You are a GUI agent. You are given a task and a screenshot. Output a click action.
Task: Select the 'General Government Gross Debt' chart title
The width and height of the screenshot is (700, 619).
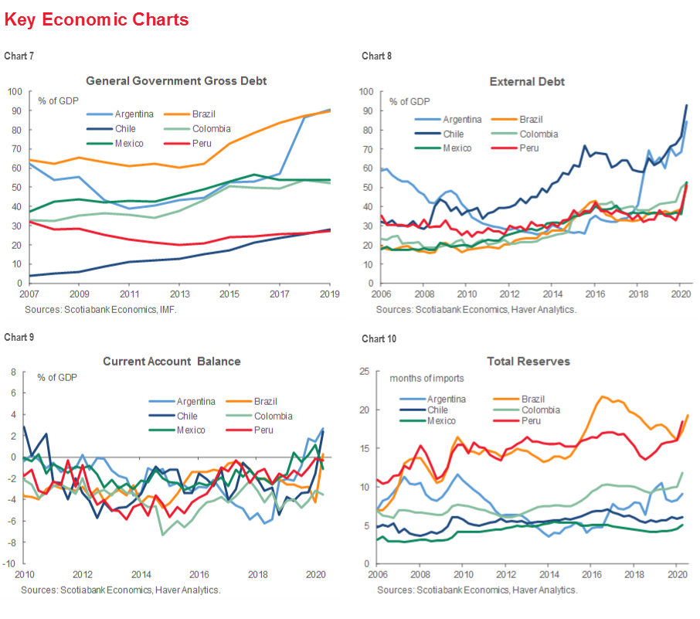(x=176, y=80)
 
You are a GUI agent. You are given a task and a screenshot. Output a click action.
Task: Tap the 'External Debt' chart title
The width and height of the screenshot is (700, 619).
(x=527, y=81)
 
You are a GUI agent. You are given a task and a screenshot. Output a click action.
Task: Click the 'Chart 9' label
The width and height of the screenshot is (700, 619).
(x=19, y=337)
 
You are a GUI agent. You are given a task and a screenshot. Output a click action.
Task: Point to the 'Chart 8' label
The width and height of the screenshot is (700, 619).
(x=376, y=56)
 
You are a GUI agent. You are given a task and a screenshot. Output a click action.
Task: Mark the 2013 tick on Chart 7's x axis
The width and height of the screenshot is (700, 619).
(x=180, y=294)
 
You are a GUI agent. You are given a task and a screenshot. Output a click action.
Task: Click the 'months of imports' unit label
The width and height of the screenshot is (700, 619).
(x=428, y=379)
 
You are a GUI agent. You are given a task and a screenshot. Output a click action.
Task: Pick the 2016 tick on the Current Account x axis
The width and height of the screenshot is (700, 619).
(x=199, y=574)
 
